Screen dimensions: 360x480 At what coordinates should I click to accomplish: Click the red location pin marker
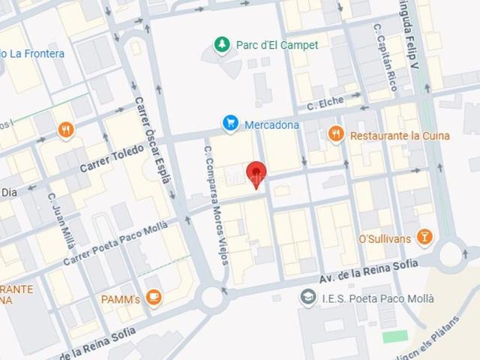click(256, 173)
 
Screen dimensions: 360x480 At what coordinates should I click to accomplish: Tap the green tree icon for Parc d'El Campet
click(221, 45)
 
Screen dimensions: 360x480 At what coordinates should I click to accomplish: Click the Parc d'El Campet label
click(277, 45)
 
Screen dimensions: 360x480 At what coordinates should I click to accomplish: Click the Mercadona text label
click(271, 124)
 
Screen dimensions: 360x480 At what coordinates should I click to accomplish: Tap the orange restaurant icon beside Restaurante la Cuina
click(336, 135)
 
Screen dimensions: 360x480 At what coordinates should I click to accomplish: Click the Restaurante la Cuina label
click(400, 136)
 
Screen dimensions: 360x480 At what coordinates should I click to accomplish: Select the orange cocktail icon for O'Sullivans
click(425, 238)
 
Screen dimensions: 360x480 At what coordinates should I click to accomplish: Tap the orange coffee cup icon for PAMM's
click(153, 298)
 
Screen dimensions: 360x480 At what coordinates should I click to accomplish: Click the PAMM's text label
click(121, 299)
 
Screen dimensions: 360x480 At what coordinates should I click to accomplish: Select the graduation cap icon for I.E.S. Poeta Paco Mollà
click(307, 298)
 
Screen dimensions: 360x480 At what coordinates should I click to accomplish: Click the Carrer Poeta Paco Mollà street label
click(115, 244)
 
